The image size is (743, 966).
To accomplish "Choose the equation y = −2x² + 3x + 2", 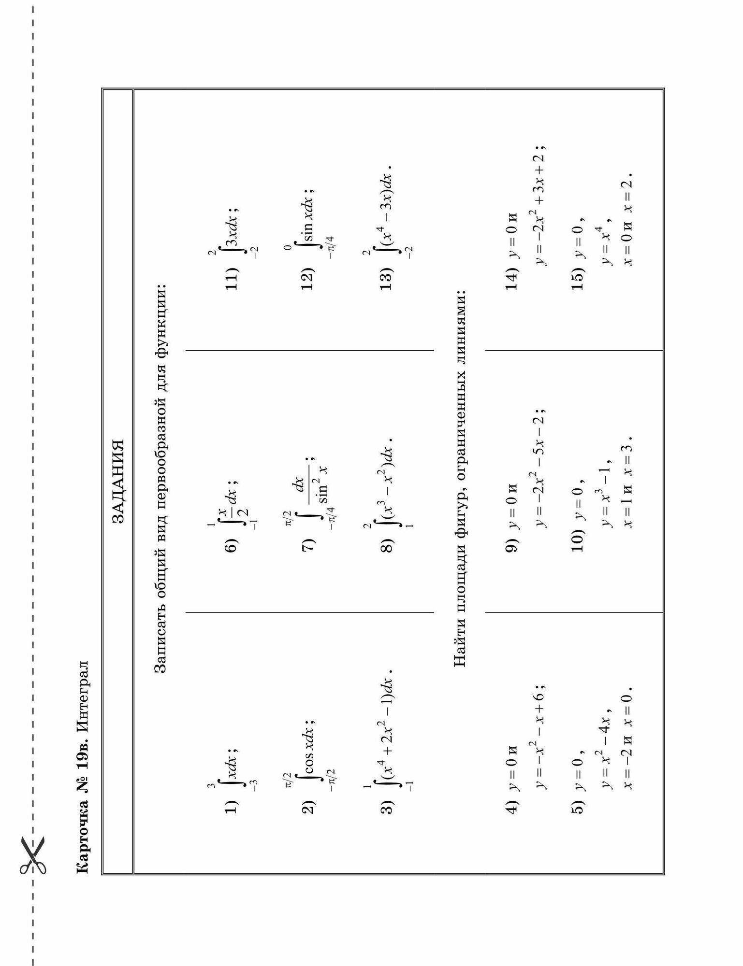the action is pos(540,204).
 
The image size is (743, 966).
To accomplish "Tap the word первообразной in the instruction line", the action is pos(161,468).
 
